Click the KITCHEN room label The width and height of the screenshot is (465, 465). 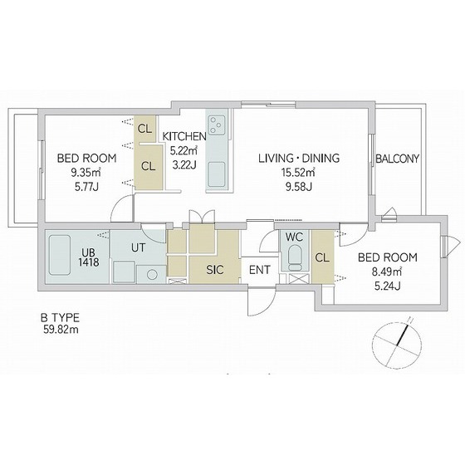coord(184,136)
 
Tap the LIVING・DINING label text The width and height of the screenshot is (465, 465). coord(299,158)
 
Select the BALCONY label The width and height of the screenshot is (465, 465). coord(397,159)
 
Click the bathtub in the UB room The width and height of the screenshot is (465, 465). coord(60,255)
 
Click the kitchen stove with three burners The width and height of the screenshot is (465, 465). coord(217,125)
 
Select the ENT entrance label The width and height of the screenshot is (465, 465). coord(259,270)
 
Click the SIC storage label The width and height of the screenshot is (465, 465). coord(215,270)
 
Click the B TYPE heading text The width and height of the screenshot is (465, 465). coord(60,318)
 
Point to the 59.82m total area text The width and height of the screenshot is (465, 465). coord(61,330)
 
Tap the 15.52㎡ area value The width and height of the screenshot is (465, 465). coord(299,173)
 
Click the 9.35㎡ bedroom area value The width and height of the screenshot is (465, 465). coord(86,173)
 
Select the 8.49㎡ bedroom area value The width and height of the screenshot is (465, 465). coord(387,272)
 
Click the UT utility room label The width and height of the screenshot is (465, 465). coord(138,247)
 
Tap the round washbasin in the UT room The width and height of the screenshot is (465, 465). coord(153,275)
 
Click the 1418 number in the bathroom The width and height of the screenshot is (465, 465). coord(89,262)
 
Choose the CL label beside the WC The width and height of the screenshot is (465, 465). coord(322,257)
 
